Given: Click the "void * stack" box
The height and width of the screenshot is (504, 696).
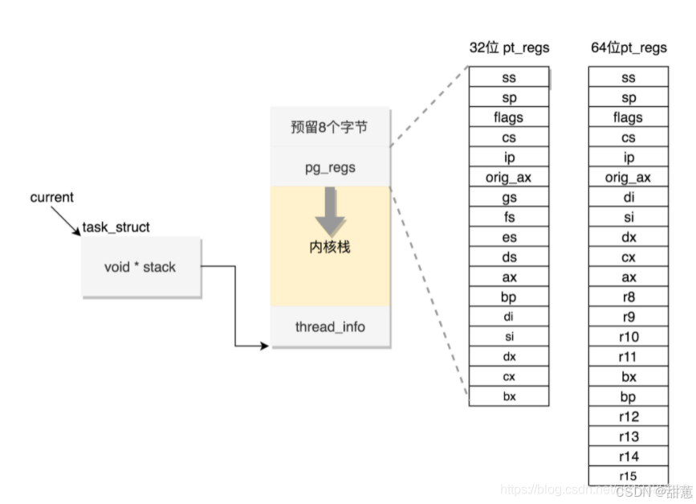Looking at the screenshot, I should click(x=140, y=267).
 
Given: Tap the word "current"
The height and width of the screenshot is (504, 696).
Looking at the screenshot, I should click(x=51, y=198).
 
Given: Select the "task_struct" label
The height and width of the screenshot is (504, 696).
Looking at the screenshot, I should click(x=116, y=227).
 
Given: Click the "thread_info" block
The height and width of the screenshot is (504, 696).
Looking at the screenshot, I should click(x=330, y=326).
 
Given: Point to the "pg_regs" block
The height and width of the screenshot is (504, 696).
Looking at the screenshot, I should click(x=330, y=167).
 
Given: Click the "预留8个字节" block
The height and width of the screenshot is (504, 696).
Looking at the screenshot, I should click(x=330, y=127).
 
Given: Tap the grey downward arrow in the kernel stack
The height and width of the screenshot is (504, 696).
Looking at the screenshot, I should click(x=330, y=211).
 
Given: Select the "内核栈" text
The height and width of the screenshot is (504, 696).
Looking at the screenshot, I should click(x=330, y=247).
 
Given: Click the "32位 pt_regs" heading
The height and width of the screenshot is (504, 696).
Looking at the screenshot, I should click(x=509, y=47).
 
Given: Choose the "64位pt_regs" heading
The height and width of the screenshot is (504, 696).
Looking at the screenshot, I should click(x=629, y=47).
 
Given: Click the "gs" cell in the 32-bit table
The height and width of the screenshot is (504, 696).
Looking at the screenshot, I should click(x=509, y=198).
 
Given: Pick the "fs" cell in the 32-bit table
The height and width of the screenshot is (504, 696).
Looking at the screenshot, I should click(x=509, y=218).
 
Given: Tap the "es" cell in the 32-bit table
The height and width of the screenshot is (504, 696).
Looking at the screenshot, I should click(x=509, y=238).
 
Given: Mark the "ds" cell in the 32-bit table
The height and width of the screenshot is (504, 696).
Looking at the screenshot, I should click(x=509, y=257).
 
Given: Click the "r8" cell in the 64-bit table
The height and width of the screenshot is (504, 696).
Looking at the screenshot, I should click(x=629, y=297).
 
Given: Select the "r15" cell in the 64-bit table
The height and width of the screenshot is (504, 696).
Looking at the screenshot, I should click(x=629, y=476).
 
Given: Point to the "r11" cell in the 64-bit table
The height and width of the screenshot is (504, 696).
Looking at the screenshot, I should click(x=629, y=357).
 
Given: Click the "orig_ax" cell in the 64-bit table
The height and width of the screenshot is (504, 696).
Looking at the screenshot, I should click(x=629, y=178).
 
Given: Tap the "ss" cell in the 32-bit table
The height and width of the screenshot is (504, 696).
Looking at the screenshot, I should click(x=509, y=78).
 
